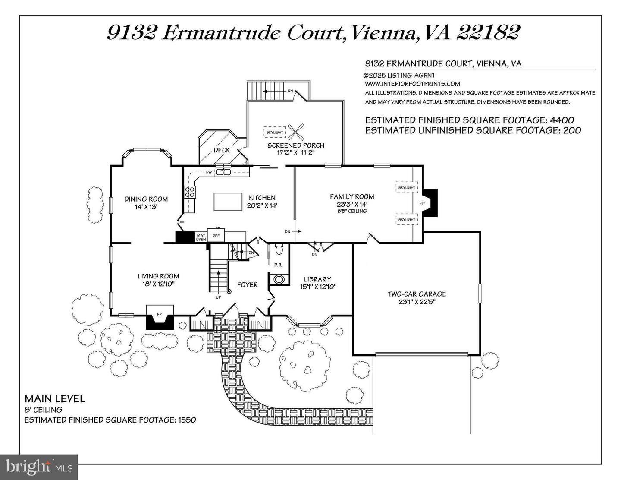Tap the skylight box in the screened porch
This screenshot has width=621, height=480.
pyautogui.click(x=275, y=132)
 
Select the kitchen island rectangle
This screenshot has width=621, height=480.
pyautogui.click(x=228, y=202)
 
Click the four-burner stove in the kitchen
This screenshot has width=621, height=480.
pyautogui.click(x=190, y=192)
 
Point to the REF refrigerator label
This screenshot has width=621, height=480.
pyautogui.click(x=216, y=236)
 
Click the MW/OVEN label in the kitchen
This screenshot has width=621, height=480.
pyautogui.click(x=201, y=237)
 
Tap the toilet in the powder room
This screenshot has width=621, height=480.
pyautogui.click(x=279, y=250)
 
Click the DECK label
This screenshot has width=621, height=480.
pyautogui.click(x=222, y=150)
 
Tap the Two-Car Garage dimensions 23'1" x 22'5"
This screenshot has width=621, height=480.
pyautogui.click(x=417, y=302)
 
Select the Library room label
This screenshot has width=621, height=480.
pyautogui.click(x=317, y=279)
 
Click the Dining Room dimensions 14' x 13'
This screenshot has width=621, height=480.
pyautogui.click(x=146, y=207)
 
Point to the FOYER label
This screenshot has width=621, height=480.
pyautogui.click(x=247, y=285)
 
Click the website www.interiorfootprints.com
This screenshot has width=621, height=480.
pyautogui.click(x=412, y=84)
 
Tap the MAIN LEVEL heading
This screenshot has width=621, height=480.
pyautogui.click(x=55, y=398)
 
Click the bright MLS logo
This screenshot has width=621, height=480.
pyautogui.click(x=39, y=467)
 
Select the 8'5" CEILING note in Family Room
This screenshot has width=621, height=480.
pyautogui.click(x=352, y=211)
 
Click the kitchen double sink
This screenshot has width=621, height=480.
pyautogui.click(x=223, y=172)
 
